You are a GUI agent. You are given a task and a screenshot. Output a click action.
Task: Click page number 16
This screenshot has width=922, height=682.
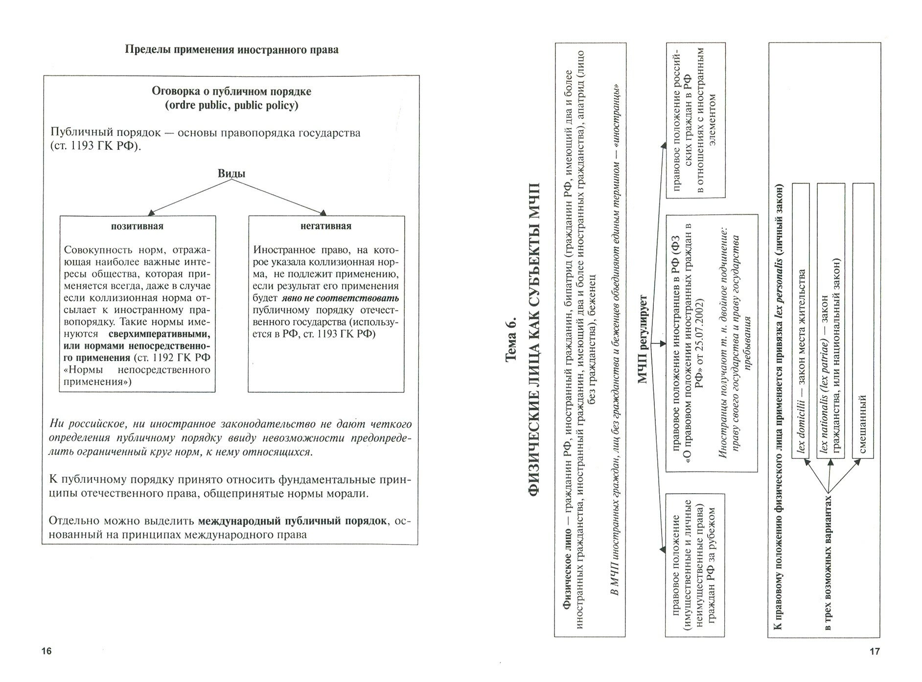(46, 651)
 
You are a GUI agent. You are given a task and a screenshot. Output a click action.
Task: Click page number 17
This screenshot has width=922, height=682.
(874, 651)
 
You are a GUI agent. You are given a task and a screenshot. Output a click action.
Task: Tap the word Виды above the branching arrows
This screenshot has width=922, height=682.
(231, 174)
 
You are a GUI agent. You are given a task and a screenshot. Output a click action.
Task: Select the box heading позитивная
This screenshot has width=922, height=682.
(137, 226)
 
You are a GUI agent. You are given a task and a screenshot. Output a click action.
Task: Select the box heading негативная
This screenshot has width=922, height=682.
(326, 226)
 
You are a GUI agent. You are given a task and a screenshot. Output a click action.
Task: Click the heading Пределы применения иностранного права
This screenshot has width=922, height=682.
(231, 50)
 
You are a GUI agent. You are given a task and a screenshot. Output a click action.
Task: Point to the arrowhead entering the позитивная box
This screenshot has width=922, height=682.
(151, 213)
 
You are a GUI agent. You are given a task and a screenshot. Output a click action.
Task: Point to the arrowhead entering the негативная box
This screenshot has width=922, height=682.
(323, 213)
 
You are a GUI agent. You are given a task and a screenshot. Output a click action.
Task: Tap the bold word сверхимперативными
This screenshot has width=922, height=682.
(159, 334)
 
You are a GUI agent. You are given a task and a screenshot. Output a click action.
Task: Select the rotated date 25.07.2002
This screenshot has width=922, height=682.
(701, 318)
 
